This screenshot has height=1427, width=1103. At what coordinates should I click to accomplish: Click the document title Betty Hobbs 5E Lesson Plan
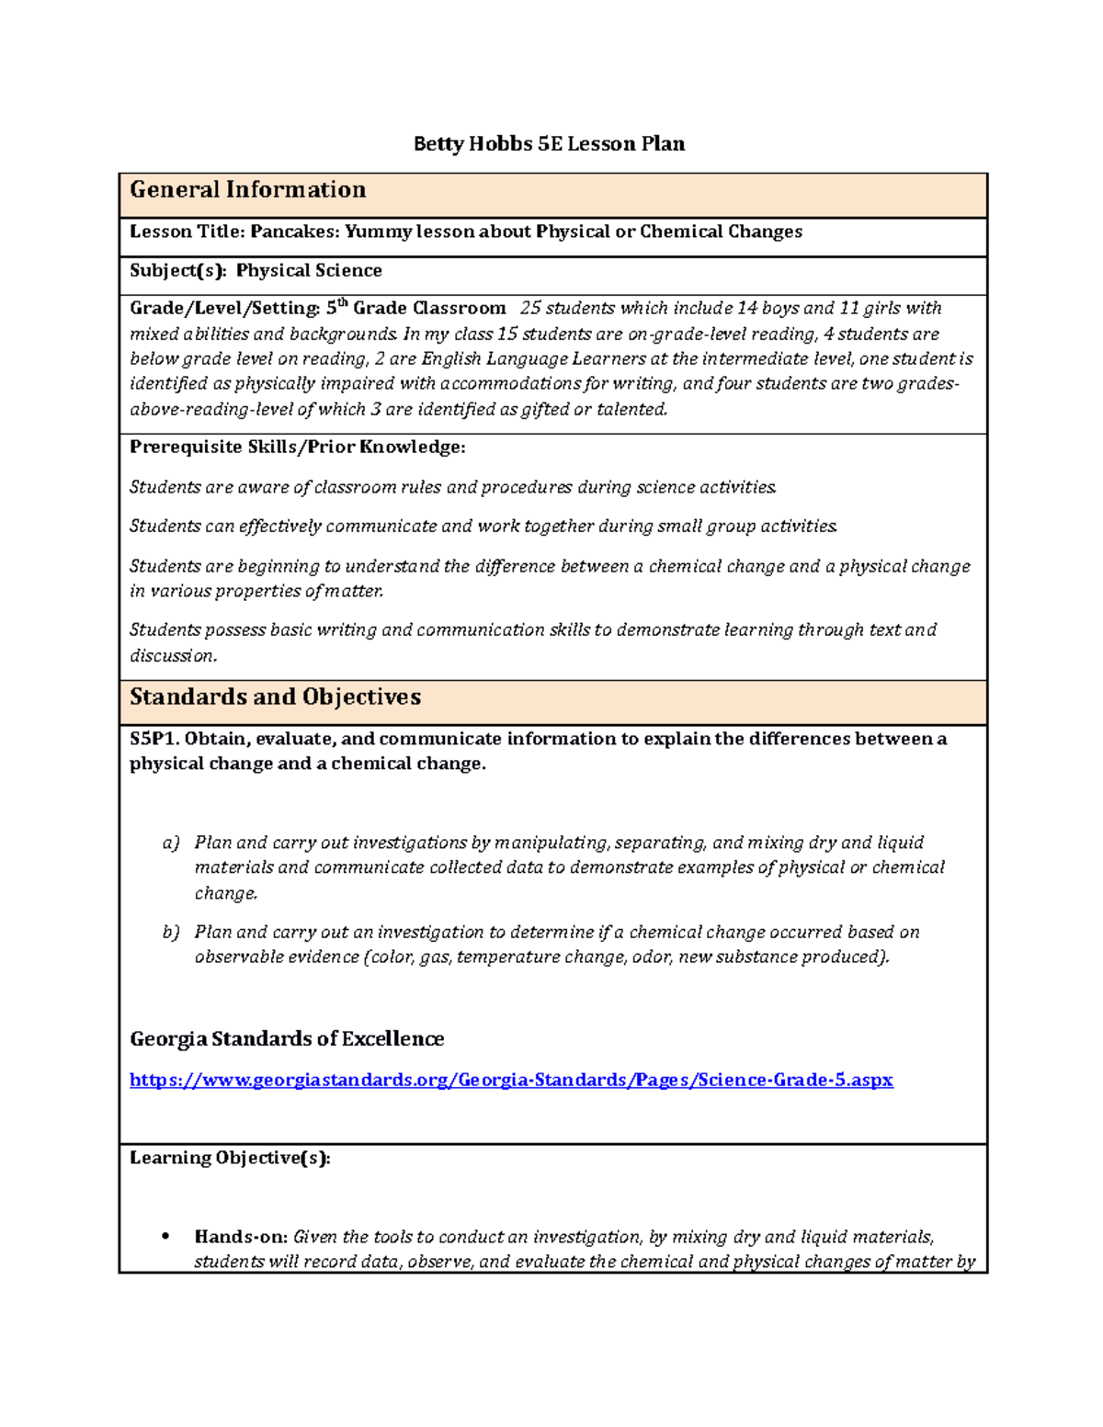click(549, 143)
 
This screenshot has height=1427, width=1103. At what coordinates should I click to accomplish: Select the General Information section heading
click(247, 190)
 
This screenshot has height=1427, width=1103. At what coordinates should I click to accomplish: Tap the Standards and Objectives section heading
click(275, 697)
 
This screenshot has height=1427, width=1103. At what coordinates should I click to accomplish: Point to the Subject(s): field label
click(177, 270)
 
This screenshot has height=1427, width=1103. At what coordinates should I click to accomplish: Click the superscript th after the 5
click(344, 302)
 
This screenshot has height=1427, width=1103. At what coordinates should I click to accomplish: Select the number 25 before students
click(530, 309)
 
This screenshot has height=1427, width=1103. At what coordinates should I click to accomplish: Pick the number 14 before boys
click(747, 309)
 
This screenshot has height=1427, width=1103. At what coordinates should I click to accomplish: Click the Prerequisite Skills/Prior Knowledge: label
click(297, 447)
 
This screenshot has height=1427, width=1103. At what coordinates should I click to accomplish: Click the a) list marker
click(171, 843)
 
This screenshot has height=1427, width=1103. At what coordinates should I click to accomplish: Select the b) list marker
click(171, 932)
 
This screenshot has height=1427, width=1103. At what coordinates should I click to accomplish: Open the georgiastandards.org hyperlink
click(511, 1080)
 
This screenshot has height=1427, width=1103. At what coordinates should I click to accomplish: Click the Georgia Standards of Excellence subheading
click(287, 1039)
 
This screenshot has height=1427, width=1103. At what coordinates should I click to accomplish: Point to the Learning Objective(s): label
click(230, 1158)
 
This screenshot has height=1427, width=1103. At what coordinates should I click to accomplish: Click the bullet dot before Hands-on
click(165, 1237)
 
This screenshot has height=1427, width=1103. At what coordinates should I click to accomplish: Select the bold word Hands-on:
click(241, 1237)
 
